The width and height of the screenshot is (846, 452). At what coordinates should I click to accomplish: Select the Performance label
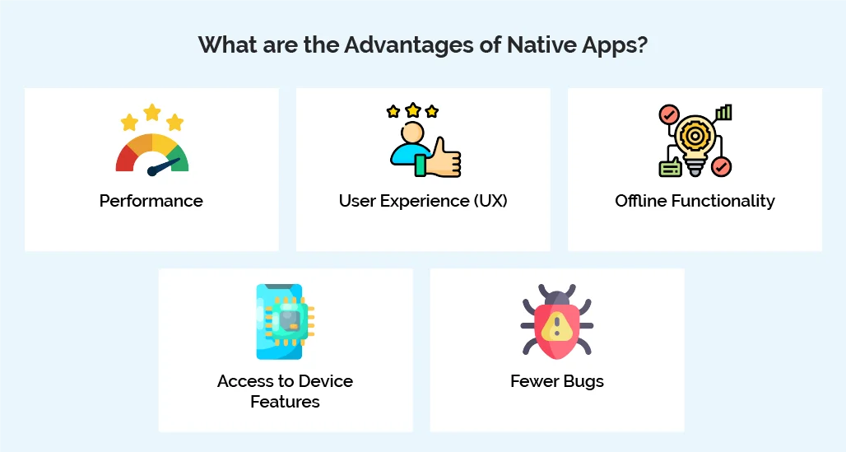(x=151, y=201)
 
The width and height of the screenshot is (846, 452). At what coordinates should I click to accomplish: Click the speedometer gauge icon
(x=152, y=152)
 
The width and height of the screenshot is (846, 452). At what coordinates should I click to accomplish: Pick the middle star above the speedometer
(x=152, y=111)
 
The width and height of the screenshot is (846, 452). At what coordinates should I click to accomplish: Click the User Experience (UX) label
(x=423, y=201)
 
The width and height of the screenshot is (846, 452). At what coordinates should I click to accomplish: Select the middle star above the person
(x=412, y=110)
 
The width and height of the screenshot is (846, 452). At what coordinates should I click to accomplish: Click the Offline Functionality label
(x=695, y=201)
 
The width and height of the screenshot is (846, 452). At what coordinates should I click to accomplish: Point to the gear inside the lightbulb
(x=695, y=133)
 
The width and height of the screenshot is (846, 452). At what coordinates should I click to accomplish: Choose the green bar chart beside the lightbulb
(x=723, y=112)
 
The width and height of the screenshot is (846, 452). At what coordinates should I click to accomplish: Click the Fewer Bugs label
(x=557, y=381)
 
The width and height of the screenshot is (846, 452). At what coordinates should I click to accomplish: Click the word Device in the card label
(x=322, y=381)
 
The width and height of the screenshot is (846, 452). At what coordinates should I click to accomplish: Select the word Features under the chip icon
(x=285, y=402)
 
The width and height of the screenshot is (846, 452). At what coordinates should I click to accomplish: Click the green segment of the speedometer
(x=180, y=158)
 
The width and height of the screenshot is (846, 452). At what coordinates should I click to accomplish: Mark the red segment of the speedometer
(x=125, y=158)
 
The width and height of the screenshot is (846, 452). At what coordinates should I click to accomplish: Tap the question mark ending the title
(x=641, y=44)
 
